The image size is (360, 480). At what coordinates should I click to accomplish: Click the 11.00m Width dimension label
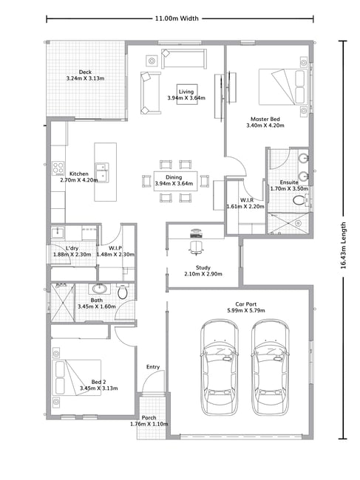pos(177,18)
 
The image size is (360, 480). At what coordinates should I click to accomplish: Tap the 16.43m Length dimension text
pos(343,245)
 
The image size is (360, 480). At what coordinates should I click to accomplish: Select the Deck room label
pos(85,72)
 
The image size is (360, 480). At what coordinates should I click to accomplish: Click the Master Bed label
pos(265,119)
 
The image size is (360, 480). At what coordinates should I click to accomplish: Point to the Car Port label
pos(245,304)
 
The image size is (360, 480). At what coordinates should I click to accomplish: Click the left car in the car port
pos(219,367)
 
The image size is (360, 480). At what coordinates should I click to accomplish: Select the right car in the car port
pos(270,367)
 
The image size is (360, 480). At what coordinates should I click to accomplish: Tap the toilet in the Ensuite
pos(299,201)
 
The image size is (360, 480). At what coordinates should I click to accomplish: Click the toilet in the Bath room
pos(123,291)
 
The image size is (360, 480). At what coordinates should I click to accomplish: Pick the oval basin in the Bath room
pos(99,288)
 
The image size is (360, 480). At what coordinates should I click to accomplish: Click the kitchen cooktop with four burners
pos(58,168)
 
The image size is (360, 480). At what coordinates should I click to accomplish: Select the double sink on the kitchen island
pos(102,172)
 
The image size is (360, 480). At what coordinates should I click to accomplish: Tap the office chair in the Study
pos(196,247)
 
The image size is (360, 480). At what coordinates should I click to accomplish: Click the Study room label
pos(203,267)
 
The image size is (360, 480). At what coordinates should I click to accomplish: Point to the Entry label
pos(153,367)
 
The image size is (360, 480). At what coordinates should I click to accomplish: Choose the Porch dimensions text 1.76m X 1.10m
pos(149,424)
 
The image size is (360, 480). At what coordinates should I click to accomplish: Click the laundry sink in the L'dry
pos(58,233)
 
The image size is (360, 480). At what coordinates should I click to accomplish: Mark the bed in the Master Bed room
pos(283,87)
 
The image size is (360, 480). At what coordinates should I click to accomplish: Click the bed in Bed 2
pos(77,377)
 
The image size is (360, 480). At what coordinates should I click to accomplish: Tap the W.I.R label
pos(247,200)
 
